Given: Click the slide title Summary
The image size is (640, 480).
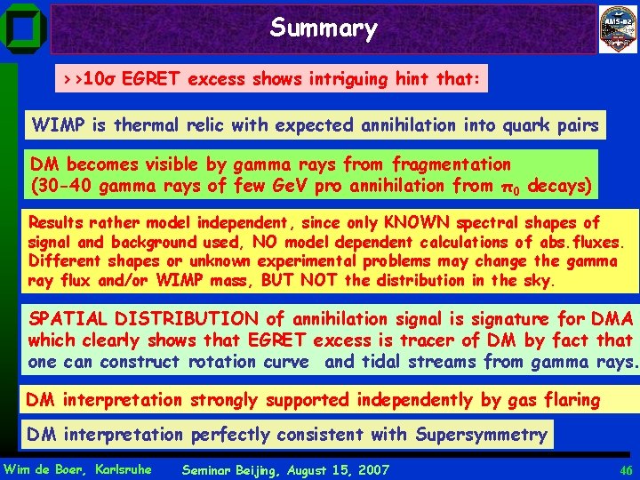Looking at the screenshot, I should [324, 28].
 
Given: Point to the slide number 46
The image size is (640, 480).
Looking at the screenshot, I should [626, 469].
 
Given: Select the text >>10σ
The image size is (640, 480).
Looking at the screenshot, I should [86, 79].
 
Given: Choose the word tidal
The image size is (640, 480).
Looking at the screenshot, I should [418, 362].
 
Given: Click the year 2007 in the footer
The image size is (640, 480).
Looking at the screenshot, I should [370, 469].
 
